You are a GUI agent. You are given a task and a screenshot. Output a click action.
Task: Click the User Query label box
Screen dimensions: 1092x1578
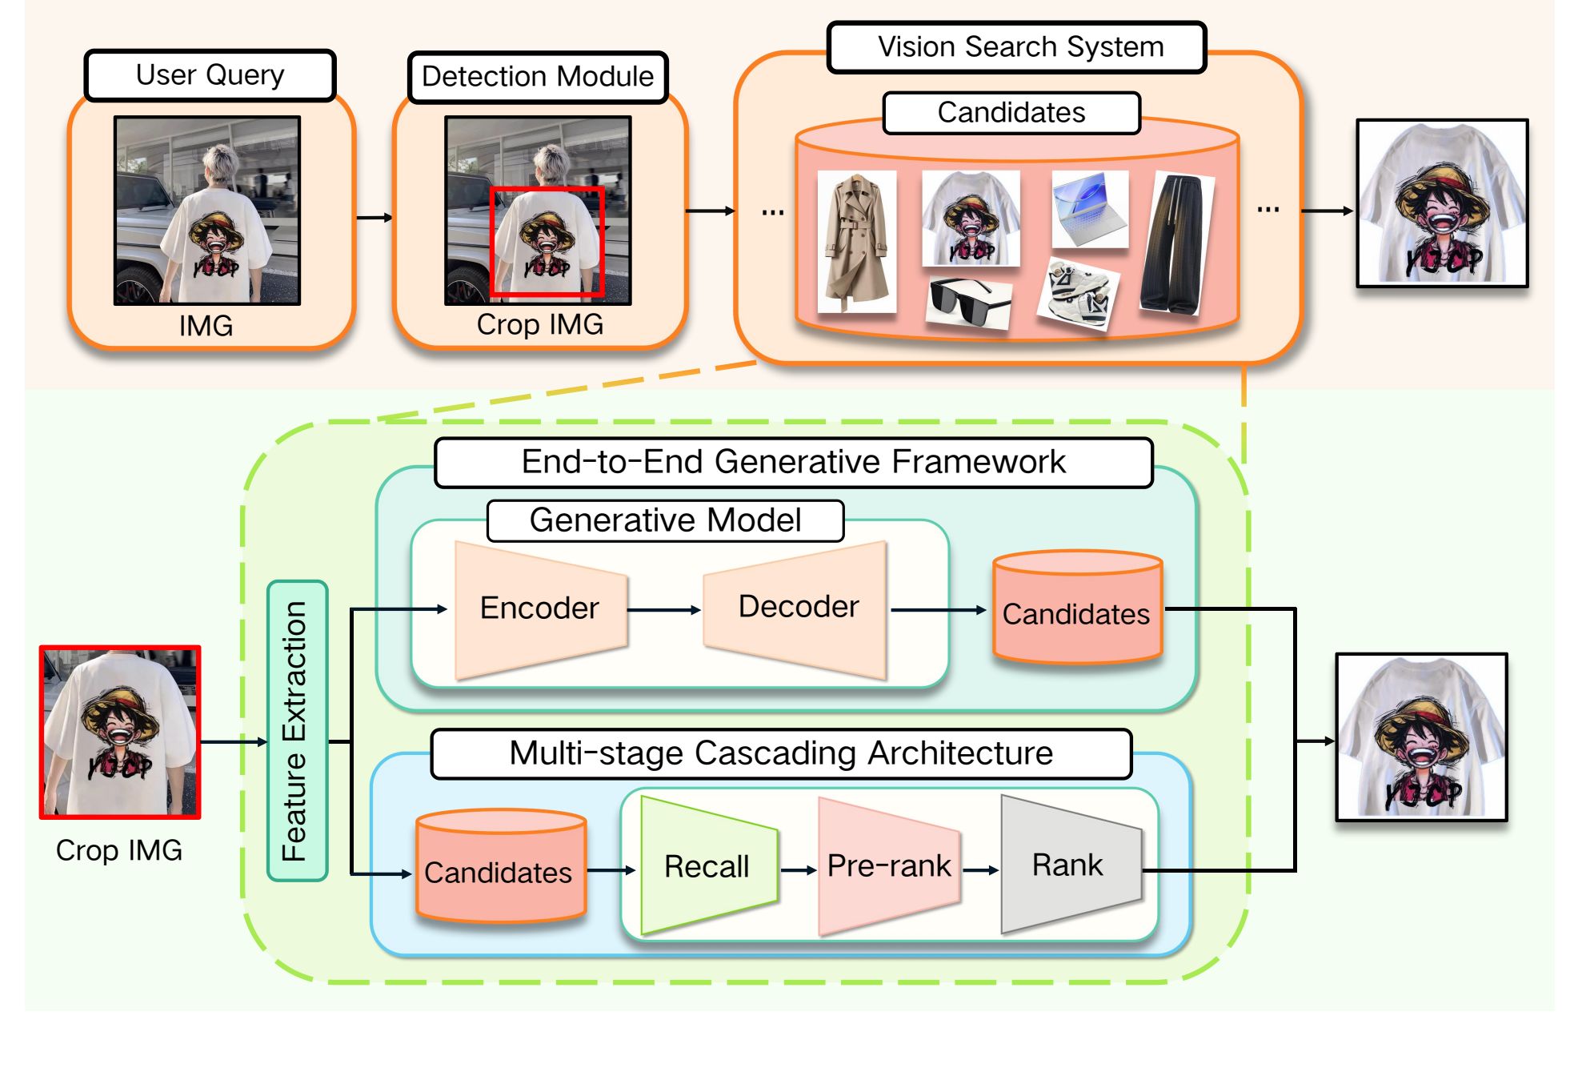pos(210,75)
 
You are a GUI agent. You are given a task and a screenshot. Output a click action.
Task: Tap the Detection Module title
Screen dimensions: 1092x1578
pos(538,77)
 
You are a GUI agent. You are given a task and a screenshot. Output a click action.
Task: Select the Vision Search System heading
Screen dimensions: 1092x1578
pos(1017,47)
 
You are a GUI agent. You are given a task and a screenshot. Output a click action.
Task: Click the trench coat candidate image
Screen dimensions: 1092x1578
pos(857,241)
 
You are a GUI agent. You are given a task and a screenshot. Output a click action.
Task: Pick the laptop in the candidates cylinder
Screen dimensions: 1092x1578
pos(1090,209)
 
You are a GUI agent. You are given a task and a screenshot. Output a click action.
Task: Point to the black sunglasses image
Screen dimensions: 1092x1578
pos(969,302)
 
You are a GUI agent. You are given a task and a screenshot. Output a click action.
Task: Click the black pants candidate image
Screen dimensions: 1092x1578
pos(1177,244)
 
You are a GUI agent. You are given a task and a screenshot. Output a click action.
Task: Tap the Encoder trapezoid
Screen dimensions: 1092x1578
pos(540,609)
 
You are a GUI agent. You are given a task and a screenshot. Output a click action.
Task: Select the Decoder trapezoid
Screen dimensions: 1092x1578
pos(797,608)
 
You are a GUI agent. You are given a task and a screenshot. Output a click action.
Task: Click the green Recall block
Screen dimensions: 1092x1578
pos(707,865)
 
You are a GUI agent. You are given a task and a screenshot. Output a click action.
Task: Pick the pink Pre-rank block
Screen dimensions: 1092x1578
pos(889,866)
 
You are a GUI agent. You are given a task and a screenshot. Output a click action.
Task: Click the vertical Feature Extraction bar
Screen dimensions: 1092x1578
pos(297,730)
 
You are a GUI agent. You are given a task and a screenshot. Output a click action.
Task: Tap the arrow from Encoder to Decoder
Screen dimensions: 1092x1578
pos(664,610)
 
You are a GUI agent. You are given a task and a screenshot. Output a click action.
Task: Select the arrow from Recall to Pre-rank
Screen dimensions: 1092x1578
pos(799,870)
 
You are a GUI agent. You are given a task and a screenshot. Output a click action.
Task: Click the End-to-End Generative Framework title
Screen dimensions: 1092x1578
pos(793,463)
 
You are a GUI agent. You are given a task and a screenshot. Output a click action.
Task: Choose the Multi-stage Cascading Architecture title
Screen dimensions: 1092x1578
pos(781,753)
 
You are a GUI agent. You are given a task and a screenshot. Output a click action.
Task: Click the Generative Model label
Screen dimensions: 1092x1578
pos(665,520)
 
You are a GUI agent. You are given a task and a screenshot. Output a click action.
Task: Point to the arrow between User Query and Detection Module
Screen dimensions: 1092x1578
pos(374,217)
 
